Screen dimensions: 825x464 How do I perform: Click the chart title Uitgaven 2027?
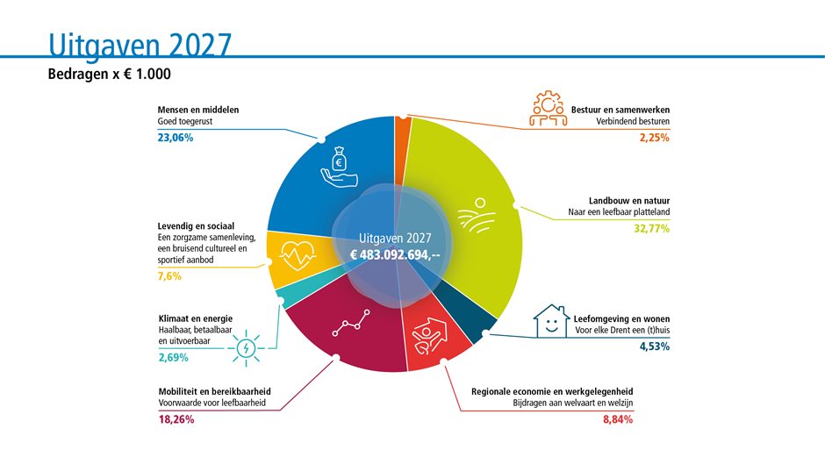[x=140, y=45]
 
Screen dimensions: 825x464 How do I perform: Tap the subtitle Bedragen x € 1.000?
[x=110, y=74]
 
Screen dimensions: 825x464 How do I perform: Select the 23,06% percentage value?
[x=176, y=138]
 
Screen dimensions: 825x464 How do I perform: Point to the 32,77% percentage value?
[x=652, y=228]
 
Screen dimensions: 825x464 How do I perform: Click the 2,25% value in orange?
[x=655, y=138]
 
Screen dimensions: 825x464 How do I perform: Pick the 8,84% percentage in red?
[x=618, y=419]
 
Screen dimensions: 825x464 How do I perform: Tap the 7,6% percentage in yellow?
[x=169, y=276]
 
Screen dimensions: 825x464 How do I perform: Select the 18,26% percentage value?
[x=176, y=419]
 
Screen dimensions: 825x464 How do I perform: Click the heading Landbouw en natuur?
[x=629, y=201]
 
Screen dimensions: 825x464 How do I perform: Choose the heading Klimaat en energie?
[x=195, y=318]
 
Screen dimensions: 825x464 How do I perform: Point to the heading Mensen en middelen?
[x=197, y=110]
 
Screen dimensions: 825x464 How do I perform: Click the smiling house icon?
[x=551, y=321]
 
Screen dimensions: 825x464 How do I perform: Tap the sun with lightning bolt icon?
[x=246, y=347]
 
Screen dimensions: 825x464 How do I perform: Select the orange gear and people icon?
[x=549, y=109]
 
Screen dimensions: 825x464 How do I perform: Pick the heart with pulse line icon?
[x=298, y=255]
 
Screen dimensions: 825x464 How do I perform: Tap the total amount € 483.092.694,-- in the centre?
[x=395, y=255]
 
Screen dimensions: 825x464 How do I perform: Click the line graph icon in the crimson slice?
[x=351, y=323]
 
